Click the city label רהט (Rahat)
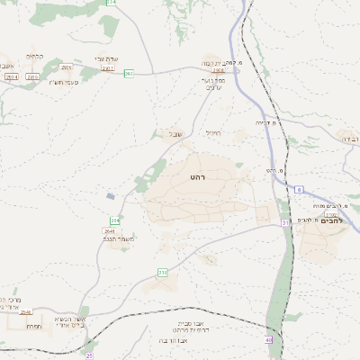tap(198, 178)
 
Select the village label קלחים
tap(36, 57)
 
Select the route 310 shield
tap(163, 272)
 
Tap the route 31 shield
tap(285, 221)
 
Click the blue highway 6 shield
tap(300, 189)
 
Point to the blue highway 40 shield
tap(269, 339)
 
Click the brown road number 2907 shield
tap(109, 67)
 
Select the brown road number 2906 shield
tap(66, 67)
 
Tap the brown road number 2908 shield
tap(219, 68)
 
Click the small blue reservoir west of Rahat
tap(111, 195)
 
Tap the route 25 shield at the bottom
tap(89, 356)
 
